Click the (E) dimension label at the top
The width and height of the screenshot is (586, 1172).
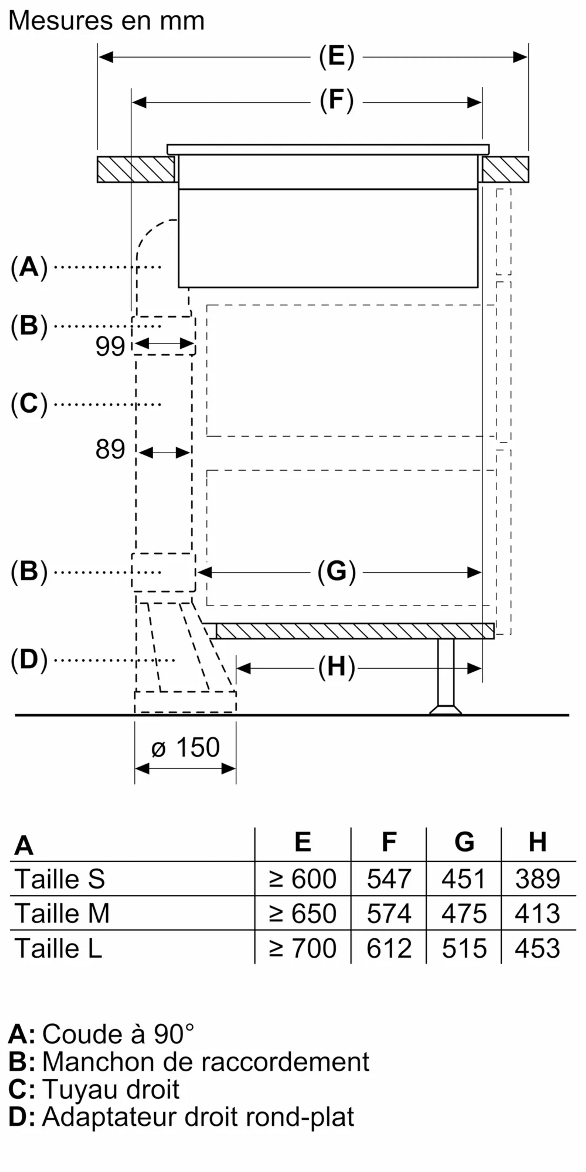(336, 57)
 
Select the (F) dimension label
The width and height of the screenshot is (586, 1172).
(336, 101)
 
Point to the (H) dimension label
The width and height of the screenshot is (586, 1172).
(336, 668)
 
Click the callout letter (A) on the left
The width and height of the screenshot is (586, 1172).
(29, 267)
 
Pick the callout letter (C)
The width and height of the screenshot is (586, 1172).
(29, 404)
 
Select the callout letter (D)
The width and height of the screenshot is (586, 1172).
(29, 660)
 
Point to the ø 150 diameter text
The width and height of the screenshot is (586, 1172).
(186, 747)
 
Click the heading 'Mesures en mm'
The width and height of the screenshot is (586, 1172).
(106, 21)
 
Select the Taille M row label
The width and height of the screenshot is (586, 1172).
(62, 913)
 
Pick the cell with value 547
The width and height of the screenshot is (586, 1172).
(389, 878)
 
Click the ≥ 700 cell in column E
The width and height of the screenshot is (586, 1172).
(302, 948)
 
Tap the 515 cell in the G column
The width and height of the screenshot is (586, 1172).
(464, 948)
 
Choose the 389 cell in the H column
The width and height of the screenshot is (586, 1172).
(537, 878)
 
